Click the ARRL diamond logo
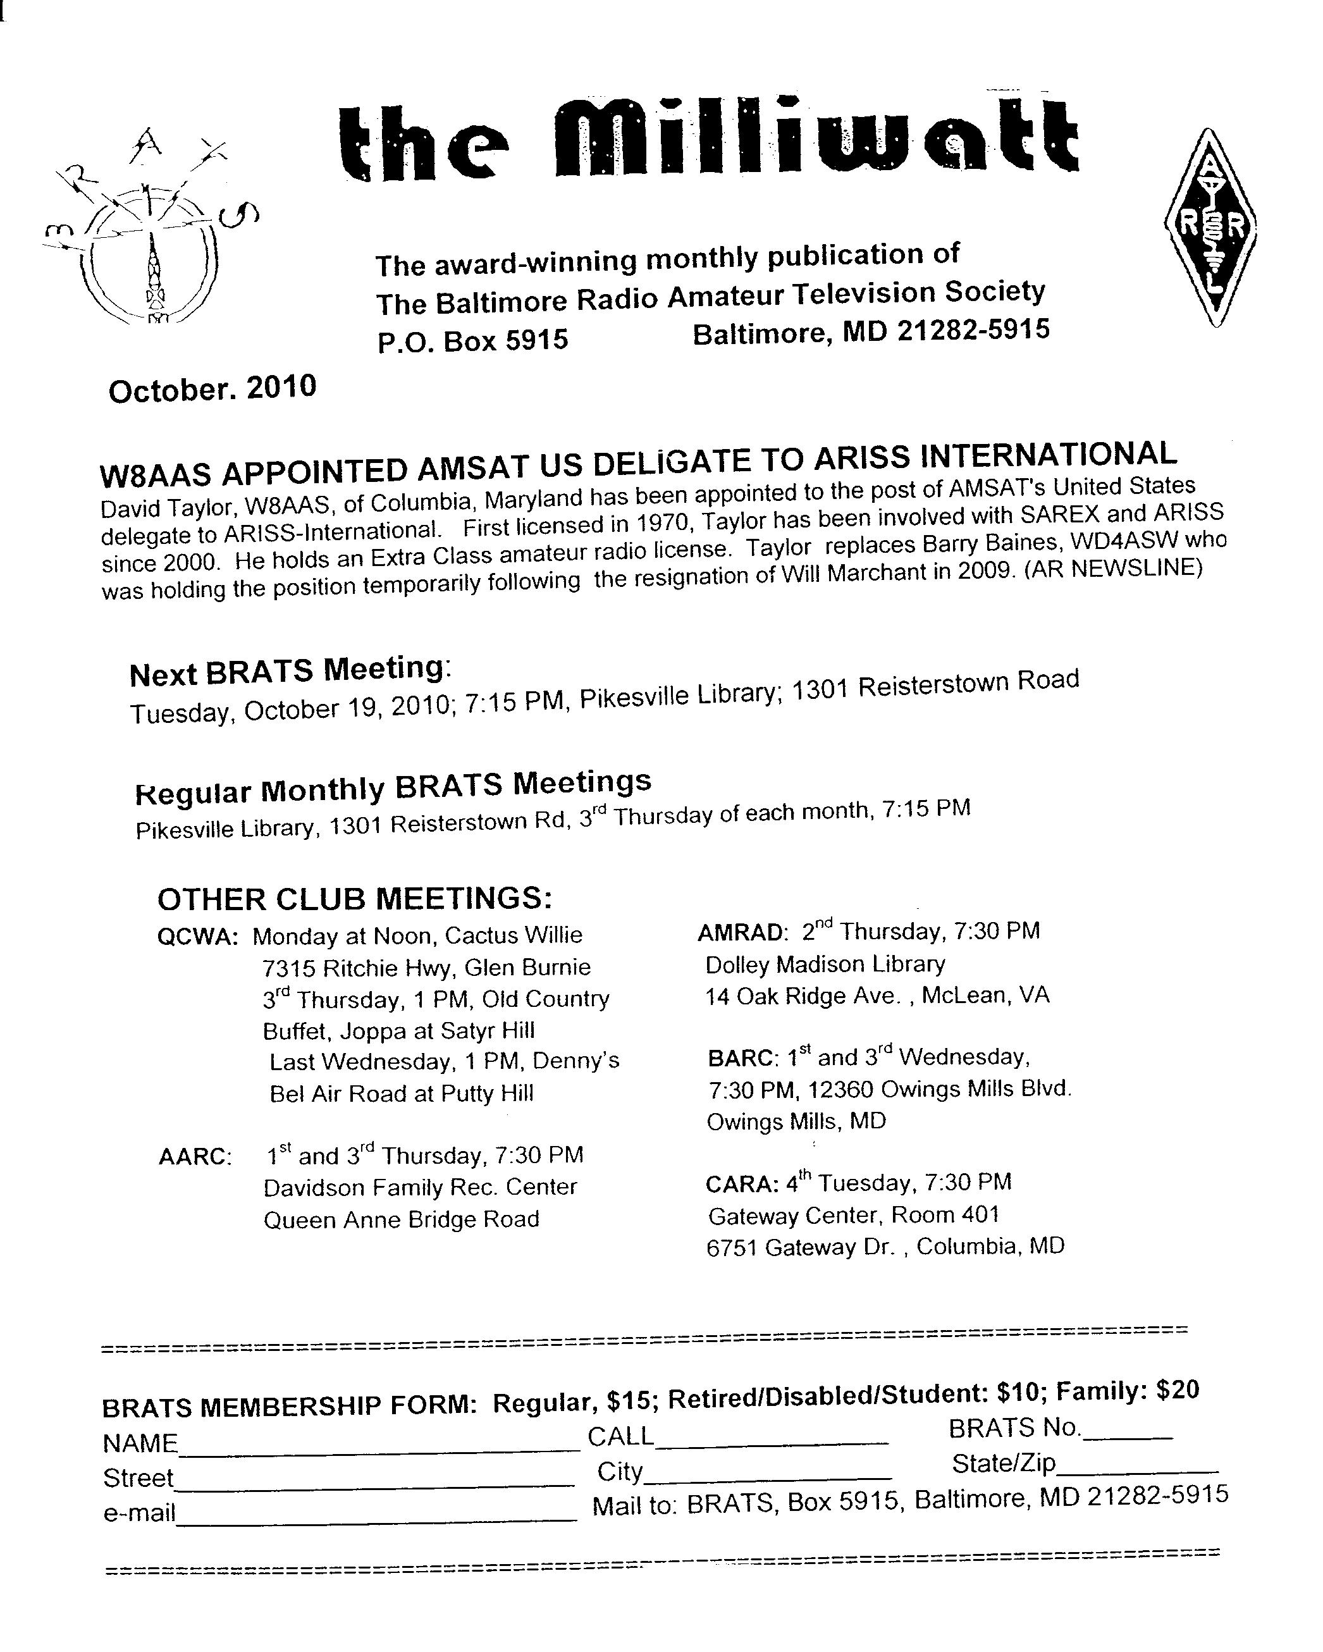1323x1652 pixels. click(x=1210, y=227)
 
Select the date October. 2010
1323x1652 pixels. click(x=212, y=388)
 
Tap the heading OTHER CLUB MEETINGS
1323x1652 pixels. click(x=354, y=898)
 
